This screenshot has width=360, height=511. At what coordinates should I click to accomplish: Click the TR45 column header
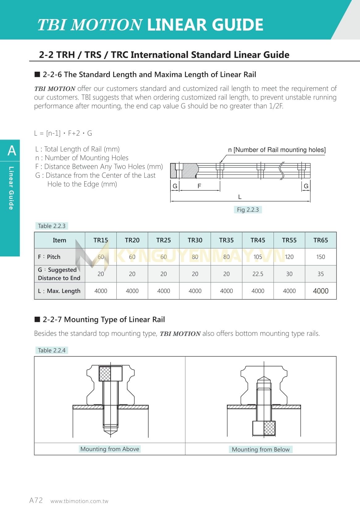[257, 240]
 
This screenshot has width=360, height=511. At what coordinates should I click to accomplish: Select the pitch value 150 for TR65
[320, 257]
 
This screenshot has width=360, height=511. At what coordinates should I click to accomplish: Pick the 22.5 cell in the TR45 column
[257, 274]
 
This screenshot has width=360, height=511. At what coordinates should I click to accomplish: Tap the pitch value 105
[257, 257]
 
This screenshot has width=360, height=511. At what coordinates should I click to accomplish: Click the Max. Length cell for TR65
[320, 291]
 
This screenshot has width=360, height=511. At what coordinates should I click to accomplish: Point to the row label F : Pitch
[49, 257]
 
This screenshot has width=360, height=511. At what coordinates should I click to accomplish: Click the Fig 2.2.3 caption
[248, 209]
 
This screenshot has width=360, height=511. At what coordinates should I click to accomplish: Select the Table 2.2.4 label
[52, 350]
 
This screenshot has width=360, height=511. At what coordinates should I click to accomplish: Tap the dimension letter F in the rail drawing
[199, 186]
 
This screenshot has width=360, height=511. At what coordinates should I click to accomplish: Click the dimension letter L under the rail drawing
[240, 197]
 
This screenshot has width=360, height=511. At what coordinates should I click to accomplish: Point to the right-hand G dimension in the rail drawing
[306, 186]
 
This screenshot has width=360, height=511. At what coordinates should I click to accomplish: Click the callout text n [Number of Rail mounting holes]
[277, 150]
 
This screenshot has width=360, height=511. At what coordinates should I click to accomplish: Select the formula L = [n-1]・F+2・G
[63, 133]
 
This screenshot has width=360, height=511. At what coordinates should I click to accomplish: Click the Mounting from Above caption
[110, 449]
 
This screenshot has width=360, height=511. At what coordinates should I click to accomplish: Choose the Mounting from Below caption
[261, 449]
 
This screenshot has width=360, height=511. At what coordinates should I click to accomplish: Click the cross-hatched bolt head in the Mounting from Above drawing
[105, 374]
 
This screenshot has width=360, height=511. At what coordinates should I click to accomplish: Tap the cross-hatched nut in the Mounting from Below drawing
[269, 428]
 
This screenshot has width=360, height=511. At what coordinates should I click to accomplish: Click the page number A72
[36, 500]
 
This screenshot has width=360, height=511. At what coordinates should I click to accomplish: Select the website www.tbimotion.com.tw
[79, 501]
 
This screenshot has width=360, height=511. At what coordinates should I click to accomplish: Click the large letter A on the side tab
[12, 150]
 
